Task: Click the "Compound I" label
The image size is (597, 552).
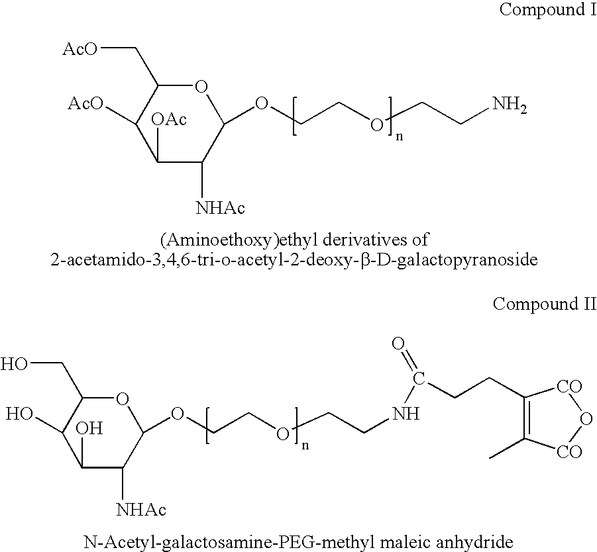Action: (548, 9)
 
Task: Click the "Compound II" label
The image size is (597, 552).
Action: (545, 304)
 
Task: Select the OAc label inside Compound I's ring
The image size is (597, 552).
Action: (169, 119)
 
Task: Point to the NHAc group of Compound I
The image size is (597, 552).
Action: (220, 208)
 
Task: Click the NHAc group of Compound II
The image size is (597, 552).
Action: (141, 510)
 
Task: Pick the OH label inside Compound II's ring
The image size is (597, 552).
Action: (89, 428)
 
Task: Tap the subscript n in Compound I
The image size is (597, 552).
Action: (400, 136)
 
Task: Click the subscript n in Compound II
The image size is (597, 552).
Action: (305, 445)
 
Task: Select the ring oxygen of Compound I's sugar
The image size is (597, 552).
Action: (201, 87)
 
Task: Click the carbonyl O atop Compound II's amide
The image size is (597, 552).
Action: (398, 344)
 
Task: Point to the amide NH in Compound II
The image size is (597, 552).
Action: (406, 413)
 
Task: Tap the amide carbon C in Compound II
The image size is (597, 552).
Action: (419, 379)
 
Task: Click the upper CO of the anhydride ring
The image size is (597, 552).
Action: (569, 387)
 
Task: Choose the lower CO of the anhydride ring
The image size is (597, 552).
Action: (569, 452)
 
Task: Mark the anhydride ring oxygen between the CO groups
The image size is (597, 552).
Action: (586, 419)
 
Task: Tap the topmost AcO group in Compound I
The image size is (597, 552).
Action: (80, 49)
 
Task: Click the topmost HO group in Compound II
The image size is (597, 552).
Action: (15, 364)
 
